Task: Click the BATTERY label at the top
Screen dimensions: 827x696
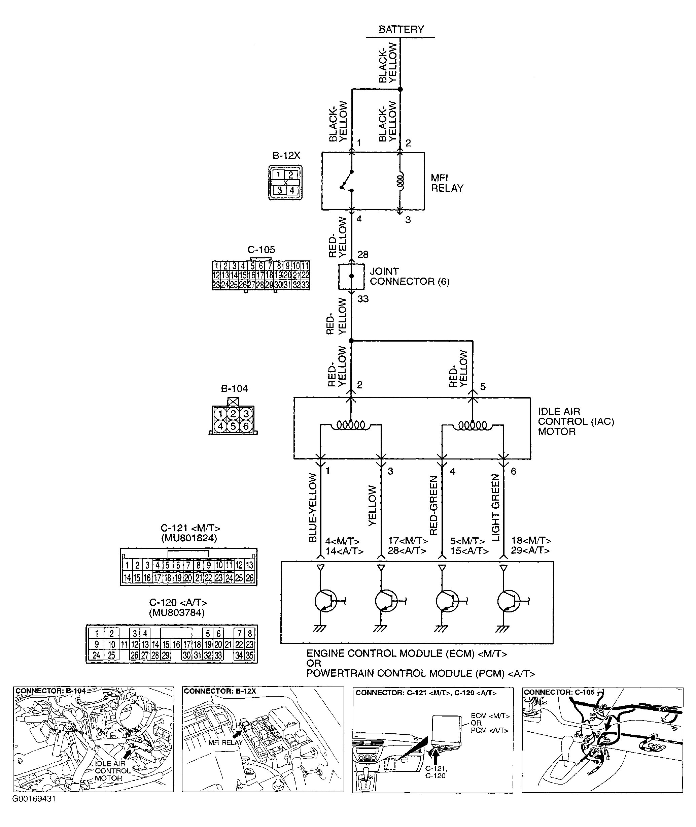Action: click(401, 29)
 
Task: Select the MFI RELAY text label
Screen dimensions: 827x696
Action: click(447, 183)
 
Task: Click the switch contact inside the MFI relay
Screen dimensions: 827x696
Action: click(347, 181)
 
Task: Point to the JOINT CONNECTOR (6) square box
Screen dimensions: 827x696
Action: click(351, 277)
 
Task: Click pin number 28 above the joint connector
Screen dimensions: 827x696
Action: click(362, 255)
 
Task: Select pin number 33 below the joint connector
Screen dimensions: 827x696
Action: click(362, 299)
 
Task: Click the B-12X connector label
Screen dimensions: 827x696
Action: click(286, 156)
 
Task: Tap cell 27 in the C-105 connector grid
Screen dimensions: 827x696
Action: click(251, 285)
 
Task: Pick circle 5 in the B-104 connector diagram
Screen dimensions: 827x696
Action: click(233, 426)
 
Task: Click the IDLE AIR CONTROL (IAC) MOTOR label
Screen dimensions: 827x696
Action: click(576, 422)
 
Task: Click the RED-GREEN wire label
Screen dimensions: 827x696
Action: click(433, 506)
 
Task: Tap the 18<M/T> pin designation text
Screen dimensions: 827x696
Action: click(531, 541)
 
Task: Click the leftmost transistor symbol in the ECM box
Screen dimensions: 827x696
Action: click(325, 601)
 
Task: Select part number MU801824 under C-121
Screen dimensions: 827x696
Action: click(189, 538)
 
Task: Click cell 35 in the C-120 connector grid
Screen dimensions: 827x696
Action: click(249, 656)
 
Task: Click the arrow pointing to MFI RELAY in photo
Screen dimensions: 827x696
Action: click(237, 734)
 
